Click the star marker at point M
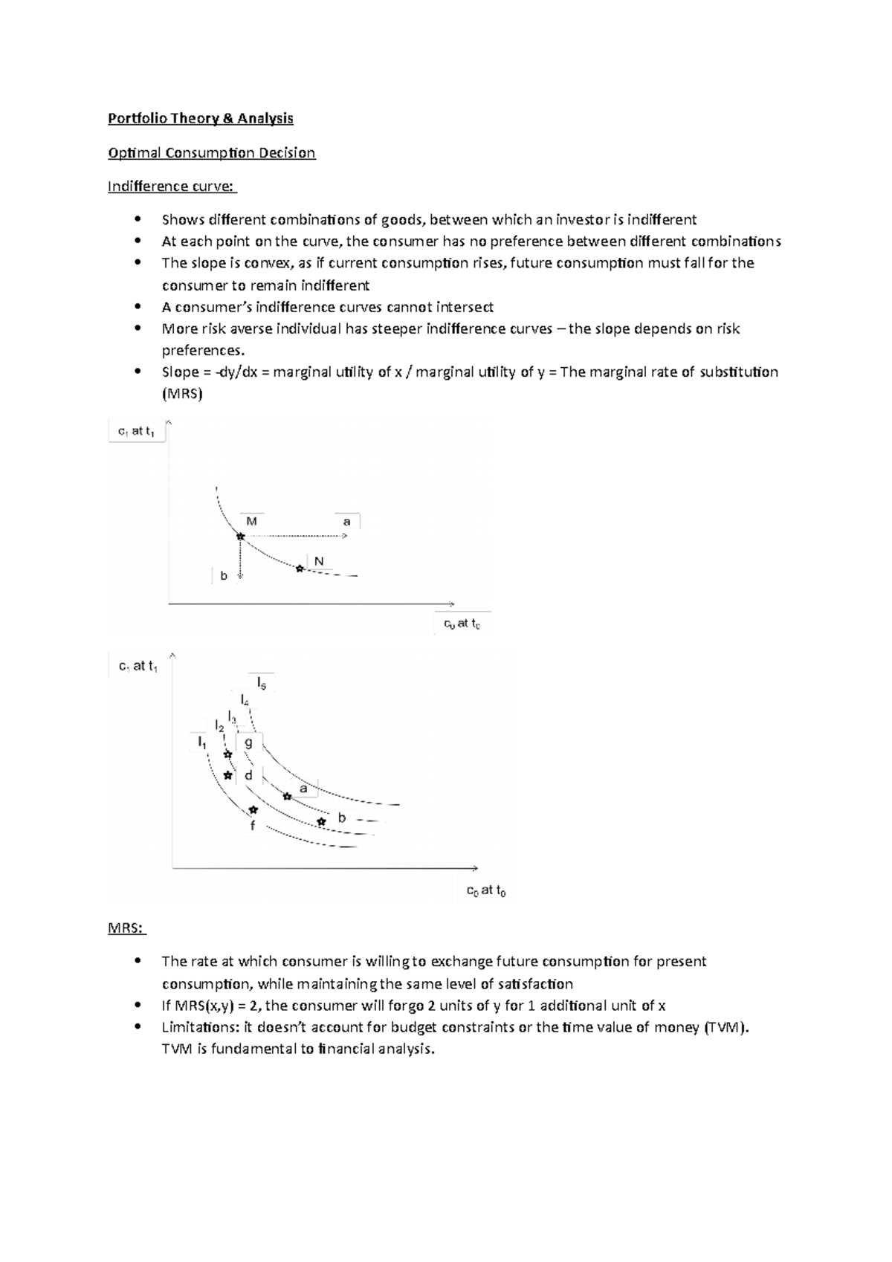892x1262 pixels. [x=240, y=536]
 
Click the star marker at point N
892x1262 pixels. [x=300, y=569]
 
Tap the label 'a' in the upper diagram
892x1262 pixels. [x=346, y=522]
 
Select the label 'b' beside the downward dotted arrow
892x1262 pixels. [x=224, y=575]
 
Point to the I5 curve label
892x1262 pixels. [x=262, y=682]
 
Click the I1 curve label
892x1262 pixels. [x=201, y=741]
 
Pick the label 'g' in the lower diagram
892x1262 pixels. [x=248, y=742]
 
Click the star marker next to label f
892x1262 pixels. [x=253, y=809]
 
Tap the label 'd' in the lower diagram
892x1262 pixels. [x=248, y=775]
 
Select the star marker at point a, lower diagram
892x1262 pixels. [x=287, y=796]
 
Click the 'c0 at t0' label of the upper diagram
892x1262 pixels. [x=462, y=624]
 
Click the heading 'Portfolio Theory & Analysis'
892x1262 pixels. [x=201, y=118]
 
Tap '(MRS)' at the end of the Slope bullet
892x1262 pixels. [x=182, y=394]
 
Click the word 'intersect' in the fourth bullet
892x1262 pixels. [x=465, y=307]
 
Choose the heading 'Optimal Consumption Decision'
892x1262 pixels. [x=212, y=152]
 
